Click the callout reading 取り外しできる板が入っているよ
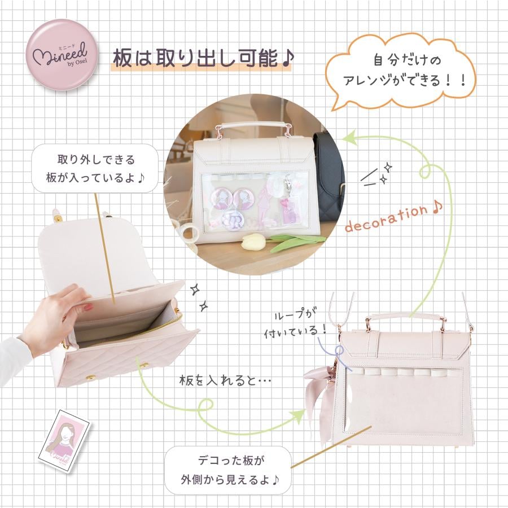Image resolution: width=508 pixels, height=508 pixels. point(95,168)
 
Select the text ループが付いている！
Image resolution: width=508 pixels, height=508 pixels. point(294,323)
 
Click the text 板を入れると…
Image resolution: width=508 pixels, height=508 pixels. point(225,380)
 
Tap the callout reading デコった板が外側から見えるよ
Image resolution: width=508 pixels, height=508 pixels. point(229,470)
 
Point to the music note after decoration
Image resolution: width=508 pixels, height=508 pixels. point(437,207)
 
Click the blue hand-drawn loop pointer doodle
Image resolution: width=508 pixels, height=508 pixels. point(337,353)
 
